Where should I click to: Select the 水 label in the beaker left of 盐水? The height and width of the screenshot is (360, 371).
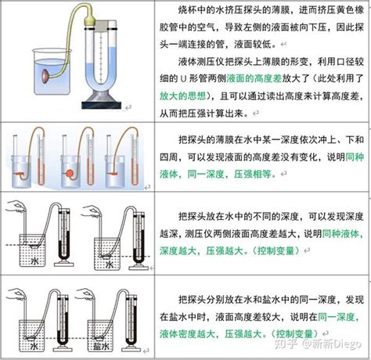[x=35, y=322]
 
